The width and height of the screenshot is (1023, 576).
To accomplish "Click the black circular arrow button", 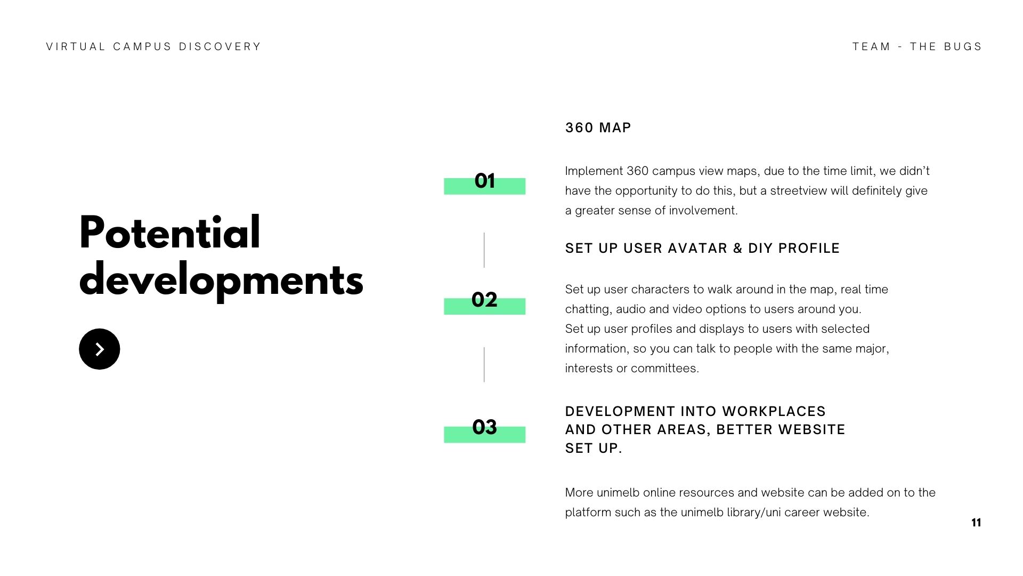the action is pos(99,349).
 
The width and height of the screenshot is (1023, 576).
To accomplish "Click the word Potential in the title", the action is pos(169,233).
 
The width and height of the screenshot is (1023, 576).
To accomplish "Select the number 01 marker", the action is pos(484,181).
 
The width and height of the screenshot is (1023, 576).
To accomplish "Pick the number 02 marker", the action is pos(484,300).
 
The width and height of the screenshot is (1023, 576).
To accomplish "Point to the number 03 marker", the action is pos(484,428).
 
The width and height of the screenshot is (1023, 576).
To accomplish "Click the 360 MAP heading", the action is pos(598,128).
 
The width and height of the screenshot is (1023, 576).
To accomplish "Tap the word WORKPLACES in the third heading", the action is pos(774,412).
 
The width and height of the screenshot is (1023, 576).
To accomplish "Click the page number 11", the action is pos(976,523).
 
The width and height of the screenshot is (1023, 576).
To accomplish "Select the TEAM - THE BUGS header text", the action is pos(917,47).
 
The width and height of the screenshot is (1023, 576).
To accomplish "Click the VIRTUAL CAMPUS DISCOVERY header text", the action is pos(153,47).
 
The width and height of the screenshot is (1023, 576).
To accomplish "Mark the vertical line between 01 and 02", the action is pos(484,250).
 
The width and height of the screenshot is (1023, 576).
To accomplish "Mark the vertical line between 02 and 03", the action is pos(484,364).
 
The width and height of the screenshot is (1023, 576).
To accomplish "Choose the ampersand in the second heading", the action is pos(737,249).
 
